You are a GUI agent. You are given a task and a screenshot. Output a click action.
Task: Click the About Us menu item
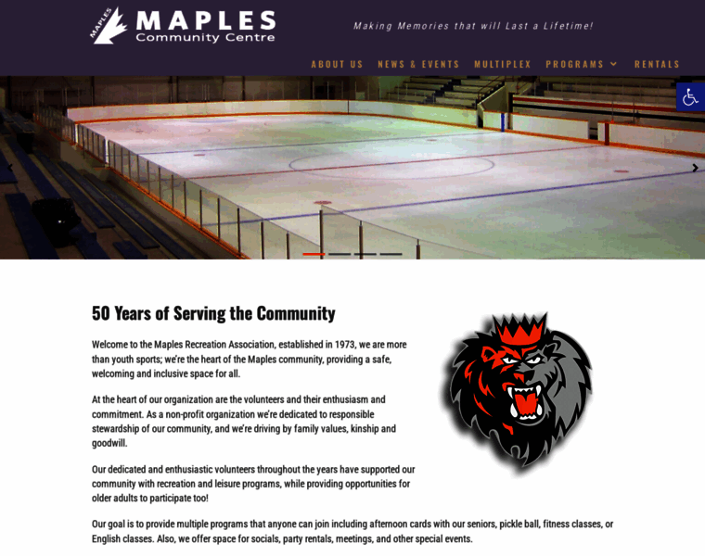pos(337,64)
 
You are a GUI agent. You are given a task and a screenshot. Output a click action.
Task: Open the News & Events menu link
pos(418,64)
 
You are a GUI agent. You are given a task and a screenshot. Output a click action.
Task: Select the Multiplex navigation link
pos(503,64)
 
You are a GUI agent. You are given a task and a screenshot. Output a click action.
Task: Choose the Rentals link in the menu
pos(657,64)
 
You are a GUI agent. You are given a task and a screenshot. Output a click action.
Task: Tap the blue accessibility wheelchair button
pos(690,96)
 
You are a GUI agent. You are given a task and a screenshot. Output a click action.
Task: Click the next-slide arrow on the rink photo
pos(695,168)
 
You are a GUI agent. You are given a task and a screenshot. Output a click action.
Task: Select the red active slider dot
pos(314,254)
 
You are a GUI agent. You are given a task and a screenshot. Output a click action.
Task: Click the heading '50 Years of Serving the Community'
pos(213,313)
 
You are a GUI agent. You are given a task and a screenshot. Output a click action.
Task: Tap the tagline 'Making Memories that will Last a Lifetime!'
pos(473,26)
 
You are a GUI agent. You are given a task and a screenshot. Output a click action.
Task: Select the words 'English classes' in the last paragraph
pos(123,538)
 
